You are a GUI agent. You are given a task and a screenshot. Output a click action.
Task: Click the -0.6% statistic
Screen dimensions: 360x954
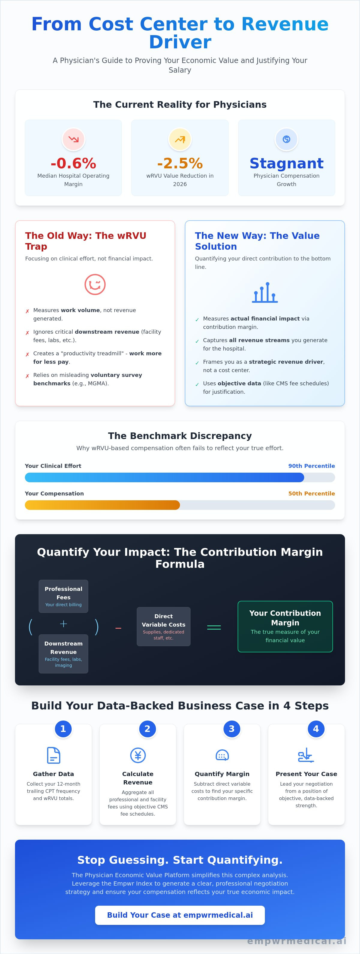tap(73, 163)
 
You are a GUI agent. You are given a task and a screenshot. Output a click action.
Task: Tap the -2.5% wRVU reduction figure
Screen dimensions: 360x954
tap(180, 163)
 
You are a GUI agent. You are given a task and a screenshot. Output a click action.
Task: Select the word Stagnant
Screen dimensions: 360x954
tap(286, 163)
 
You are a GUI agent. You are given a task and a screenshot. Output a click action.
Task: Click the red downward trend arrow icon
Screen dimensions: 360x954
tap(73, 139)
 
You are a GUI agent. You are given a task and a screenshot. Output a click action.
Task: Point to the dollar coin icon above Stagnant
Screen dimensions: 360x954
tap(286, 139)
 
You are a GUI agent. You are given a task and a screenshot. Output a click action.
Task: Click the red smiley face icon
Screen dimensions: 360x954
tap(95, 284)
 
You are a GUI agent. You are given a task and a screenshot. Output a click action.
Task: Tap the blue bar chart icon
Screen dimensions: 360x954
tap(265, 293)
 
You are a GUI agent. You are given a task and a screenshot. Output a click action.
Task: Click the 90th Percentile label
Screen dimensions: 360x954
tap(311, 466)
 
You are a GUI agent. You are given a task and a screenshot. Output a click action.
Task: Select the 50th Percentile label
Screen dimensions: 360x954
tap(311, 493)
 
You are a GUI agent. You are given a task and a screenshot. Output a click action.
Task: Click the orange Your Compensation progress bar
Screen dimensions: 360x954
tap(102, 505)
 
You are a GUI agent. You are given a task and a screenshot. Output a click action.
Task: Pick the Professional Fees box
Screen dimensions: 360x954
tap(63, 596)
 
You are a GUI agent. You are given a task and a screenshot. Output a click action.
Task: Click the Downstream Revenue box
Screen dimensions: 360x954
tap(63, 654)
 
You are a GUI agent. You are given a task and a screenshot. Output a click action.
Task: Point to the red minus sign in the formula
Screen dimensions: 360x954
tap(118, 628)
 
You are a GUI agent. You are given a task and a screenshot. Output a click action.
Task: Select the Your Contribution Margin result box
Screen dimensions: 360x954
tap(285, 627)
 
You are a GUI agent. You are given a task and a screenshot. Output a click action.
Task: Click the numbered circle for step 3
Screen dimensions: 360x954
tap(232, 729)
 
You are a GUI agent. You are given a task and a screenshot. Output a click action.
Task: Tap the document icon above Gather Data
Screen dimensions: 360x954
tap(53, 756)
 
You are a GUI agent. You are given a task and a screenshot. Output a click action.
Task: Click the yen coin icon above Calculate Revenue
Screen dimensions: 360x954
tap(138, 756)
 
